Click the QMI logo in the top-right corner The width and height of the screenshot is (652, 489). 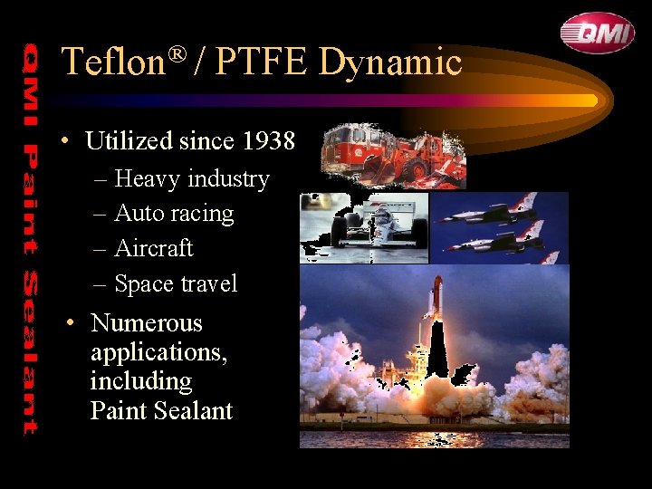pyautogui.click(x=597, y=34)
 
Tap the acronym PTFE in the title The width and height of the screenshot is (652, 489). pyautogui.click(x=264, y=62)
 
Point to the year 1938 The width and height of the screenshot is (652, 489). pyautogui.click(x=269, y=141)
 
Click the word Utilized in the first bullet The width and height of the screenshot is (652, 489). pyautogui.click(x=129, y=141)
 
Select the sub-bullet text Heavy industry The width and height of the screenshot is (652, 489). pyautogui.click(x=192, y=179)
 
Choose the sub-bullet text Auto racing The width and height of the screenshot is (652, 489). pyautogui.click(x=174, y=214)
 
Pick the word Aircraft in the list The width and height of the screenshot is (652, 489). pyautogui.click(x=154, y=248)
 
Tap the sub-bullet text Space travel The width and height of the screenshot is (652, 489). pyautogui.click(x=176, y=283)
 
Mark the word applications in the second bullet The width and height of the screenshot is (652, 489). pyautogui.click(x=158, y=352)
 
